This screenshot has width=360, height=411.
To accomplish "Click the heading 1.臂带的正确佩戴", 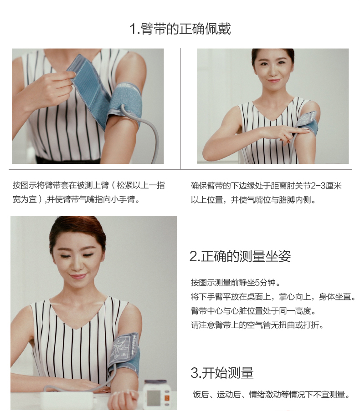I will point(180,29).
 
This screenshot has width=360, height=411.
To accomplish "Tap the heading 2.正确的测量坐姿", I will point(240,256).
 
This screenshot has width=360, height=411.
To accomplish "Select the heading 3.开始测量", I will point(221,373).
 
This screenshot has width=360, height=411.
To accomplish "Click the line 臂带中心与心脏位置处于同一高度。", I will point(253,311).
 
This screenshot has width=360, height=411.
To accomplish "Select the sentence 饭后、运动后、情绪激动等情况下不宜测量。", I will point(271,395).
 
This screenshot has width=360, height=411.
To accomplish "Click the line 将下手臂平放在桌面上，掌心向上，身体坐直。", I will point(273,297).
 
